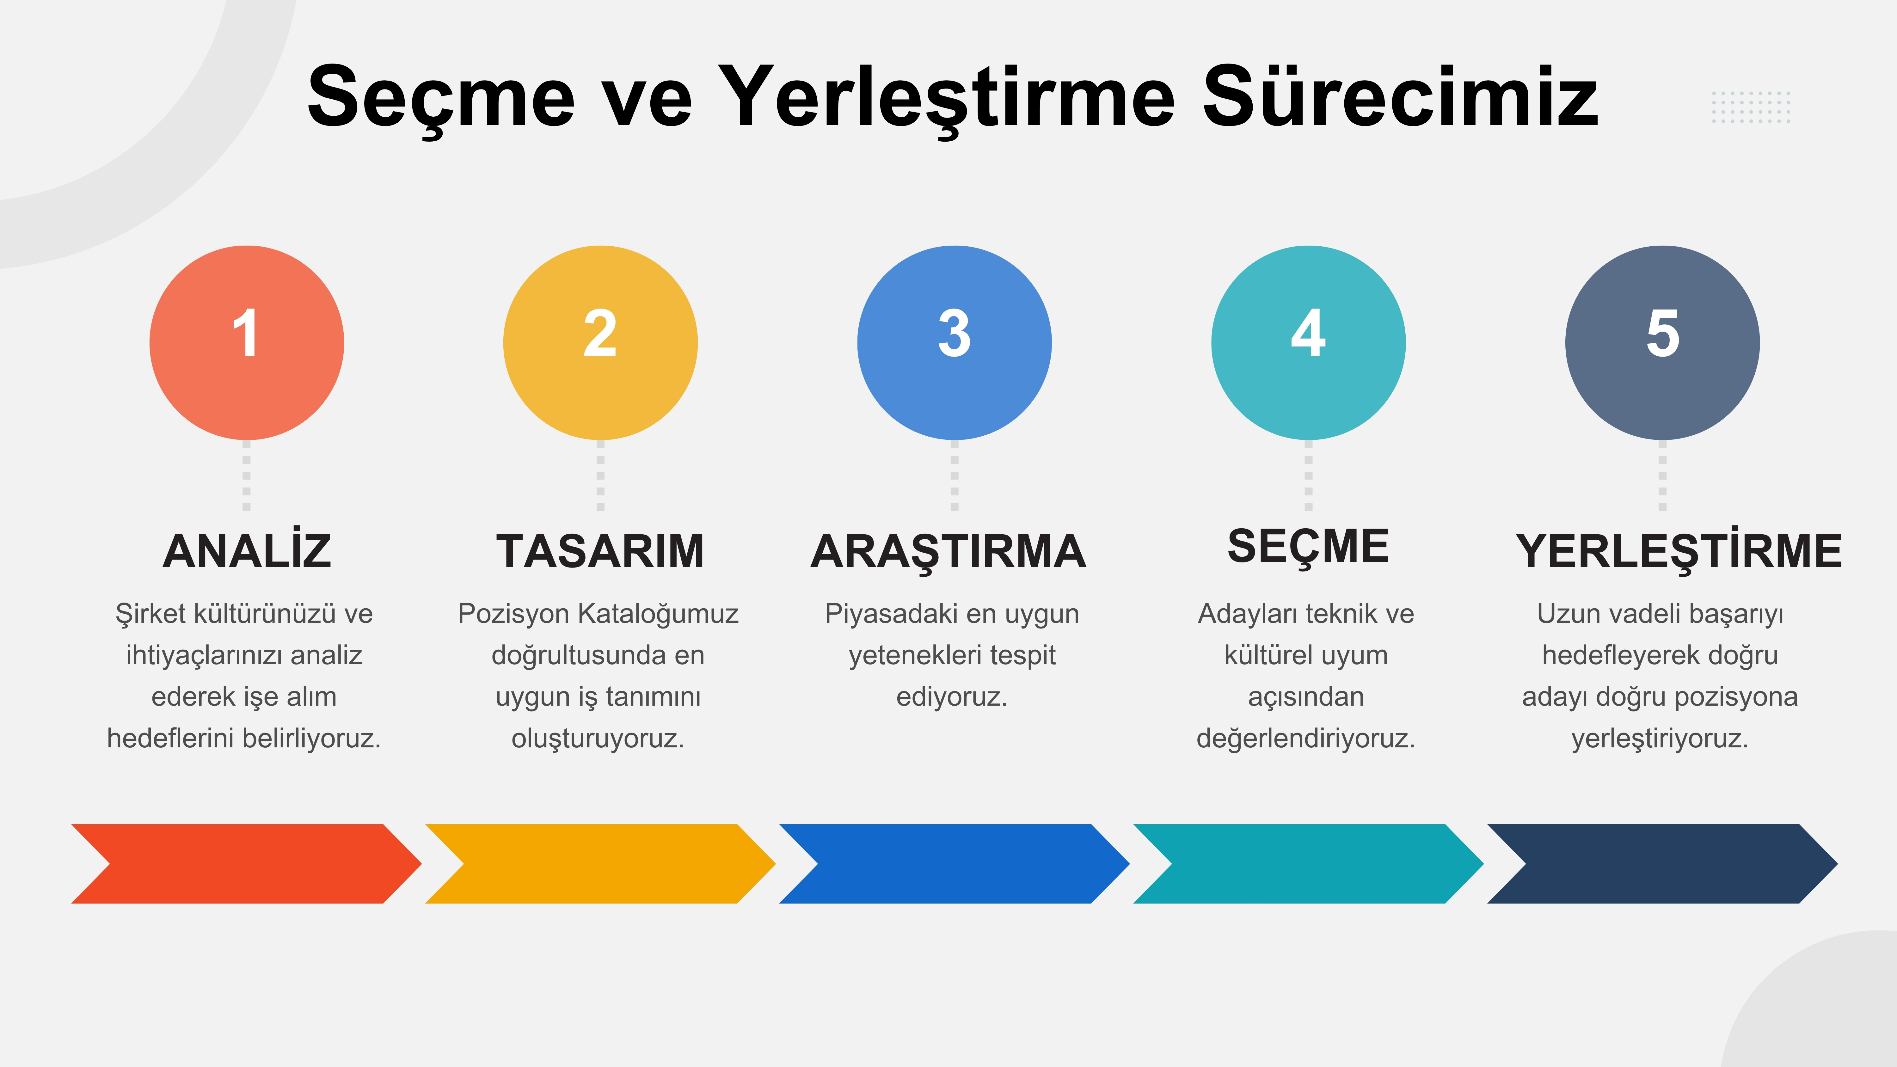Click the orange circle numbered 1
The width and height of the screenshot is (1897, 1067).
click(247, 342)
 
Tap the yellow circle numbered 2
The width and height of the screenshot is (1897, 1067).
click(600, 342)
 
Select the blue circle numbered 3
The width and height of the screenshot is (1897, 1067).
click(955, 342)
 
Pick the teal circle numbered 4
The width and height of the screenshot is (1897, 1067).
click(1309, 342)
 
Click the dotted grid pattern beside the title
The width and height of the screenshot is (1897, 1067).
click(1751, 107)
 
